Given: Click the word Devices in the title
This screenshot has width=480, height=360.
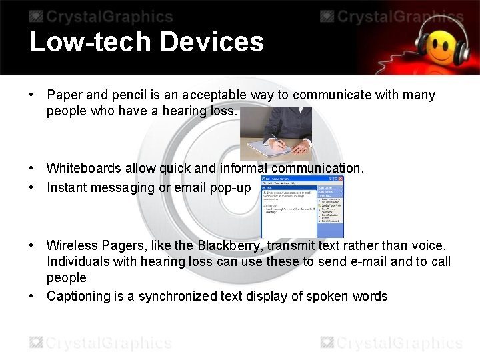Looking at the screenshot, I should [x=211, y=42].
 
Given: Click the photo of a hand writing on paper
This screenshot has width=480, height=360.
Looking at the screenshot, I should [x=276, y=133].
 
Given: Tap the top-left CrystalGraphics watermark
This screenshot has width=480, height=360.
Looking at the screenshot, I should [x=99, y=17].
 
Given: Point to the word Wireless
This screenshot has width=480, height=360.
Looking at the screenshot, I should [x=71, y=245].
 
